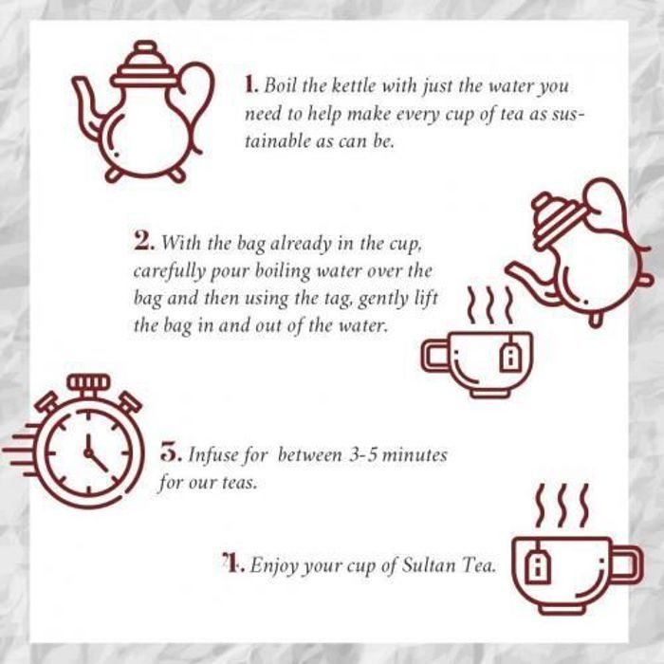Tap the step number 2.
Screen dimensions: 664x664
click(x=143, y=241)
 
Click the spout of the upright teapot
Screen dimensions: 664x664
click(x=87, y=108)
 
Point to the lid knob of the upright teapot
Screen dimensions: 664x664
click(x=146, y=46)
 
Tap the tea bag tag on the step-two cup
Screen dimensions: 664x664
click(x=510, y=357)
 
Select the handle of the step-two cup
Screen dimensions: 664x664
click(x=434, y=356)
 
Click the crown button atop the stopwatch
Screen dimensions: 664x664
click(x=88, y=381)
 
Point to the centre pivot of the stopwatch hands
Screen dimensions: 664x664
click(x=88, y=453)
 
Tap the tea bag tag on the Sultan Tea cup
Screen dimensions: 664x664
click(x=538, y=567)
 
